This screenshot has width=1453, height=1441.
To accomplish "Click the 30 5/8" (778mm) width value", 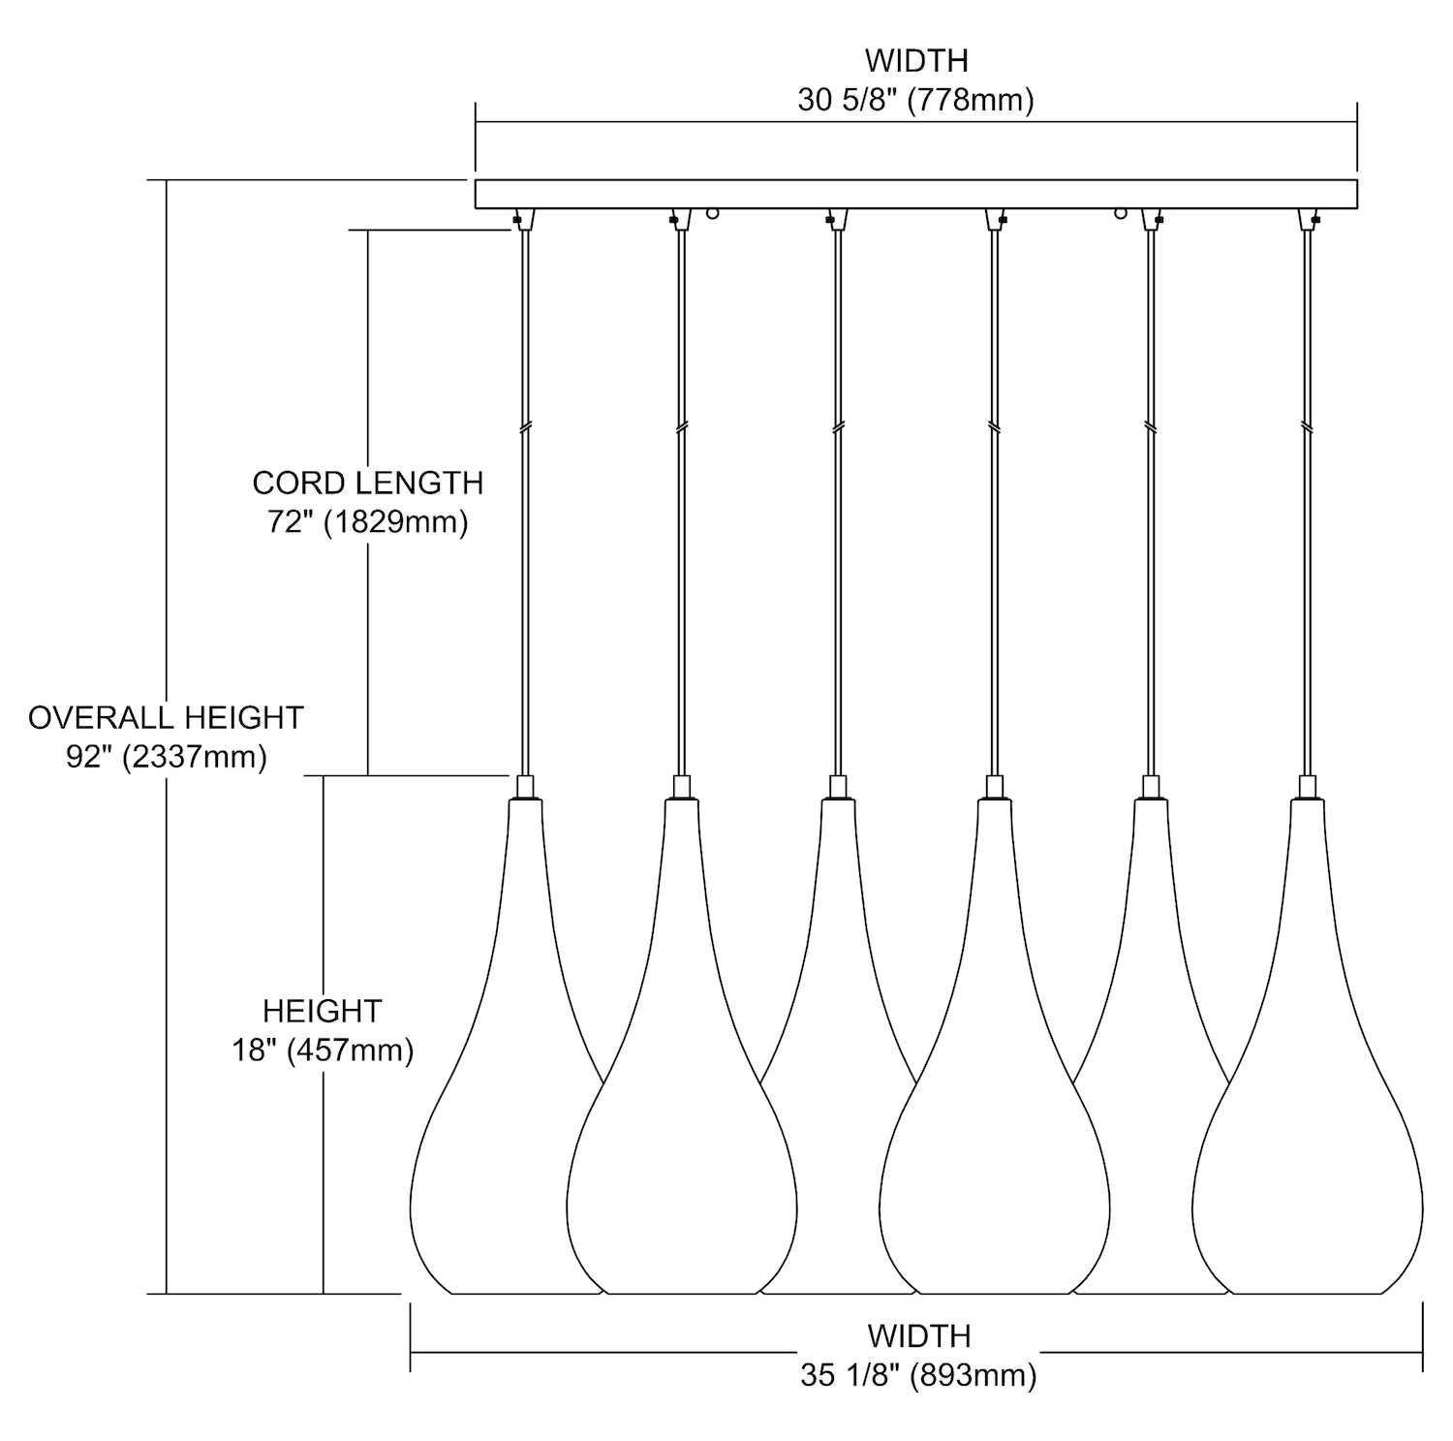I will coord(915,100).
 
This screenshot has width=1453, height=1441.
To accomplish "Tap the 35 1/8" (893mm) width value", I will coord(918,1376).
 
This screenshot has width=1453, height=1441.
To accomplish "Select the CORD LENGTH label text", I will coord(367,483).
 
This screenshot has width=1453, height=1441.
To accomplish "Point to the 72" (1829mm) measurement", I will coord(367,523).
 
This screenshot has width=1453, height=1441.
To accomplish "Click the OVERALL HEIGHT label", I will coord(166,718).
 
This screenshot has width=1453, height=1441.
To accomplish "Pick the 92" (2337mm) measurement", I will coord(166,757).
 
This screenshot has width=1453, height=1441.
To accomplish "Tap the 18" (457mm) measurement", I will coord(322,1050).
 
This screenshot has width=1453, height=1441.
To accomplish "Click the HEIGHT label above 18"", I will coord(322,1012).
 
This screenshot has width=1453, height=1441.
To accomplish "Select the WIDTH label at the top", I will coord(915,60).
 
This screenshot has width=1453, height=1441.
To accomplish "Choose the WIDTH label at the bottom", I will coord(918,1336).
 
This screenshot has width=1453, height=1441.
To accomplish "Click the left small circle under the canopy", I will coord(714,213).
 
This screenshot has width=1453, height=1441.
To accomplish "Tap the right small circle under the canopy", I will coord(1121,213).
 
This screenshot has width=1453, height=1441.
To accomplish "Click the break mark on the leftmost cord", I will coord(525,426).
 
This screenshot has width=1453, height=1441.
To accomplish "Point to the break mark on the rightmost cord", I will coord(1308,426).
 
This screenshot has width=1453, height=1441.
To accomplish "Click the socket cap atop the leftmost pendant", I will coord(525,786).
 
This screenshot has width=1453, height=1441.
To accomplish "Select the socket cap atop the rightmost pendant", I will coord(1308,786).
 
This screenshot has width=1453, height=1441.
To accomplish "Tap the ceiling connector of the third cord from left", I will coord(838,219).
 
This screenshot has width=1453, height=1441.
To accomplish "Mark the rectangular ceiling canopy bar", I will coord(915,194).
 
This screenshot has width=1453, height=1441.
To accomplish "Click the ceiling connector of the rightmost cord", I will coord(1309,219).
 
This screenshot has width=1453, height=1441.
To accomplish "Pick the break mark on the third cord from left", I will coord(838,426).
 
